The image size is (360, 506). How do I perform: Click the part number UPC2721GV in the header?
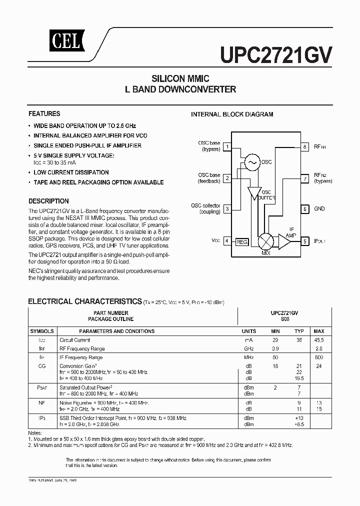coord(275,52)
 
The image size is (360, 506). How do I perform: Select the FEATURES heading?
coord(44,113)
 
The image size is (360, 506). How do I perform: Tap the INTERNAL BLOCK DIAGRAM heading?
coord(232,114)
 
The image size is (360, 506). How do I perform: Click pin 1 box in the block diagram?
coord(227,147)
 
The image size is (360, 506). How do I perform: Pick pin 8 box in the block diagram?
coord(304,147)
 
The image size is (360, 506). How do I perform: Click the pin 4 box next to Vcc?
coord(227,241)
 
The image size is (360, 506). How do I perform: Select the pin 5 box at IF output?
coord(304,241)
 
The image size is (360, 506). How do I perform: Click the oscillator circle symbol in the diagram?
coord(250,161)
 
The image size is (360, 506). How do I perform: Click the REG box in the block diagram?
coord(242,242)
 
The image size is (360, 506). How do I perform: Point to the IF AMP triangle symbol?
coord(284,241)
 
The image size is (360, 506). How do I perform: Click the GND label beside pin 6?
coord(319,209)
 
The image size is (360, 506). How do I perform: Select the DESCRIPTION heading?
coord(48,201)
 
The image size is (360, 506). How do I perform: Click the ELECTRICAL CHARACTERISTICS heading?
coord(84,301)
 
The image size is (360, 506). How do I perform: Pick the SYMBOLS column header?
coord(42,331)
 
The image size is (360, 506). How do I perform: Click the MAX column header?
coord(319,331)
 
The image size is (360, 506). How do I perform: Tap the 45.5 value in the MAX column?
coord(319,340)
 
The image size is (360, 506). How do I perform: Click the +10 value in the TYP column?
coord(299,417)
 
